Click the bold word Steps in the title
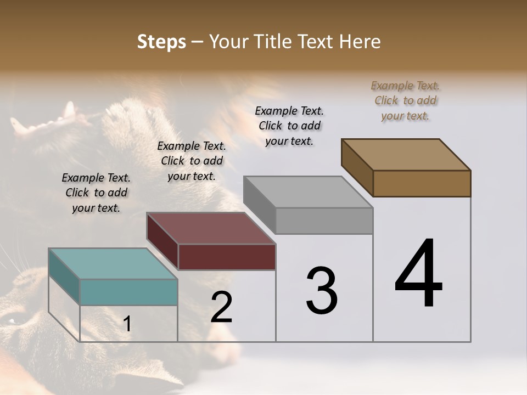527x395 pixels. coord(161,42)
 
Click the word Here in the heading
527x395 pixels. coord(359,42)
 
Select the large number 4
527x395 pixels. coord(418,274)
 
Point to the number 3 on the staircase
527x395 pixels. coord(322,291)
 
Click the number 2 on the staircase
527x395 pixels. coord(221,307)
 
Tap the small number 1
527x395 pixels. coord(127,324)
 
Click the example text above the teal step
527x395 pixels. coord(96,193)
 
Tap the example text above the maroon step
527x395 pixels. coord(192,161)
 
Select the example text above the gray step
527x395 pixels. coord(289,126)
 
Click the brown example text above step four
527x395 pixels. coord(405,100)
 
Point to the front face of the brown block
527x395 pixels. coord(422,183)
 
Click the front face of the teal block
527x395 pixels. coord(128,292)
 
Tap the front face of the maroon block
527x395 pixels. coord(227,257)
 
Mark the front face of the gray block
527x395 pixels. coord(324,221)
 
